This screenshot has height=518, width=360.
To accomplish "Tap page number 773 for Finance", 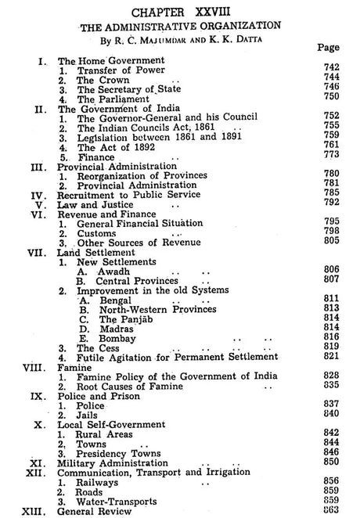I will coord(331,156).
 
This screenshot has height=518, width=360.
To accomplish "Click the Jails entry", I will coord(90,413).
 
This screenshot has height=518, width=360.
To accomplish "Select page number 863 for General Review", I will coord(331,509).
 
